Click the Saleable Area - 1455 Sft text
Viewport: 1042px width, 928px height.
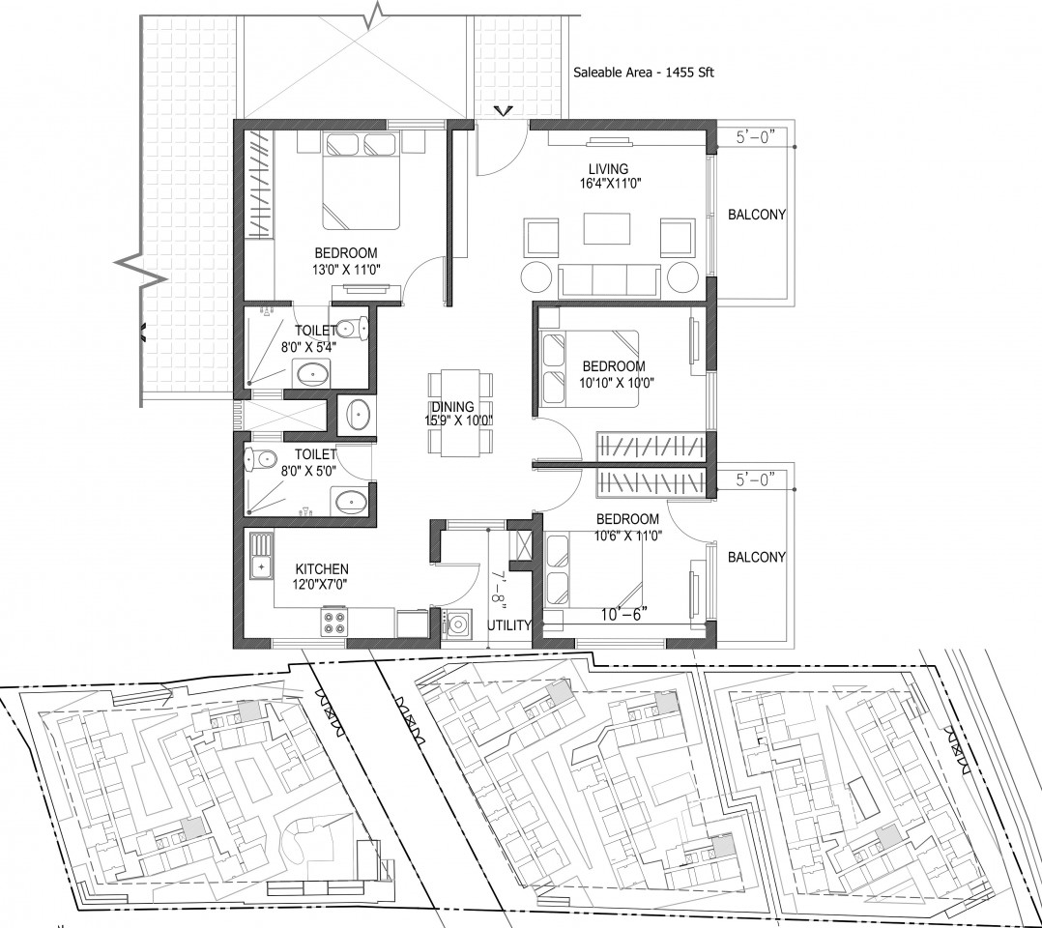[x=644, y=72]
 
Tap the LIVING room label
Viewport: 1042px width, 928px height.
[x=608, y=169]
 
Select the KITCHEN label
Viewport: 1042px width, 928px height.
[x=322, y=569]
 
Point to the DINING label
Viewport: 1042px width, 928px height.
[x=452, y=407]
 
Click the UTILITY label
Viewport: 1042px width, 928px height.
[x=509, y=625]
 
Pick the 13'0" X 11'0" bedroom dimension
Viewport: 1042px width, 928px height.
[x=346, y=270]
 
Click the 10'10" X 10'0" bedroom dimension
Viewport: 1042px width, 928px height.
[x=617, y=383]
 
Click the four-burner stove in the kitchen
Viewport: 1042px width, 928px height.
[x=334, y=622]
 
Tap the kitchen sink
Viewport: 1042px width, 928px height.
[x=261, y=556]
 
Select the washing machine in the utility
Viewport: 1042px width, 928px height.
[x=456, y=624]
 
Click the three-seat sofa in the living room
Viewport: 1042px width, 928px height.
[x=609, y=280]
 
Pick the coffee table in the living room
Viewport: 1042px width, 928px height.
[x=607, y=229]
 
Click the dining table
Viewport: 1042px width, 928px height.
[x=460, y=413]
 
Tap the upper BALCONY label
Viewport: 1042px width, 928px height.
[x=756, y=215]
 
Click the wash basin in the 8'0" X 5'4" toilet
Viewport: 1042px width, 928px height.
[x=311, y=373]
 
